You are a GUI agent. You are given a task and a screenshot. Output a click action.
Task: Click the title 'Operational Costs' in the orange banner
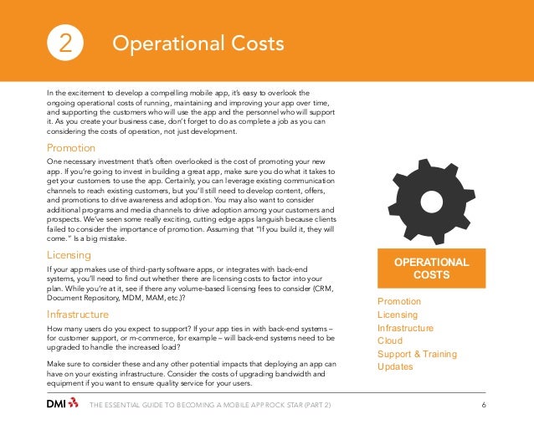198,43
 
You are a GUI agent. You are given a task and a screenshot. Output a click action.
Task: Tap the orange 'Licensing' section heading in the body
69,254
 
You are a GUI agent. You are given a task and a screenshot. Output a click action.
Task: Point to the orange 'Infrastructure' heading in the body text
78,315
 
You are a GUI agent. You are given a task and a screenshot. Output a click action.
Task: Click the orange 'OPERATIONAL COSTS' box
431,269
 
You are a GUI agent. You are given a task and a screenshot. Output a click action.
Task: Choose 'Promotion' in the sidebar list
399,301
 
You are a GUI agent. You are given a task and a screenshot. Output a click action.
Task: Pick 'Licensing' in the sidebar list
398,315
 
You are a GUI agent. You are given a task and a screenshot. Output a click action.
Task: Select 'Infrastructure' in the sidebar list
406,328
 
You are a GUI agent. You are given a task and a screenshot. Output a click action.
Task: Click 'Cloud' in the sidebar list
390,341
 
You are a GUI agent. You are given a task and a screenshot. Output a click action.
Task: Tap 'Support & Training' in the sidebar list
418,355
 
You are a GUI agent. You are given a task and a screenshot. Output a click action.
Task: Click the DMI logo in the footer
62,406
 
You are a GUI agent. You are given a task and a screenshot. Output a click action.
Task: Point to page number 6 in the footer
485,406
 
